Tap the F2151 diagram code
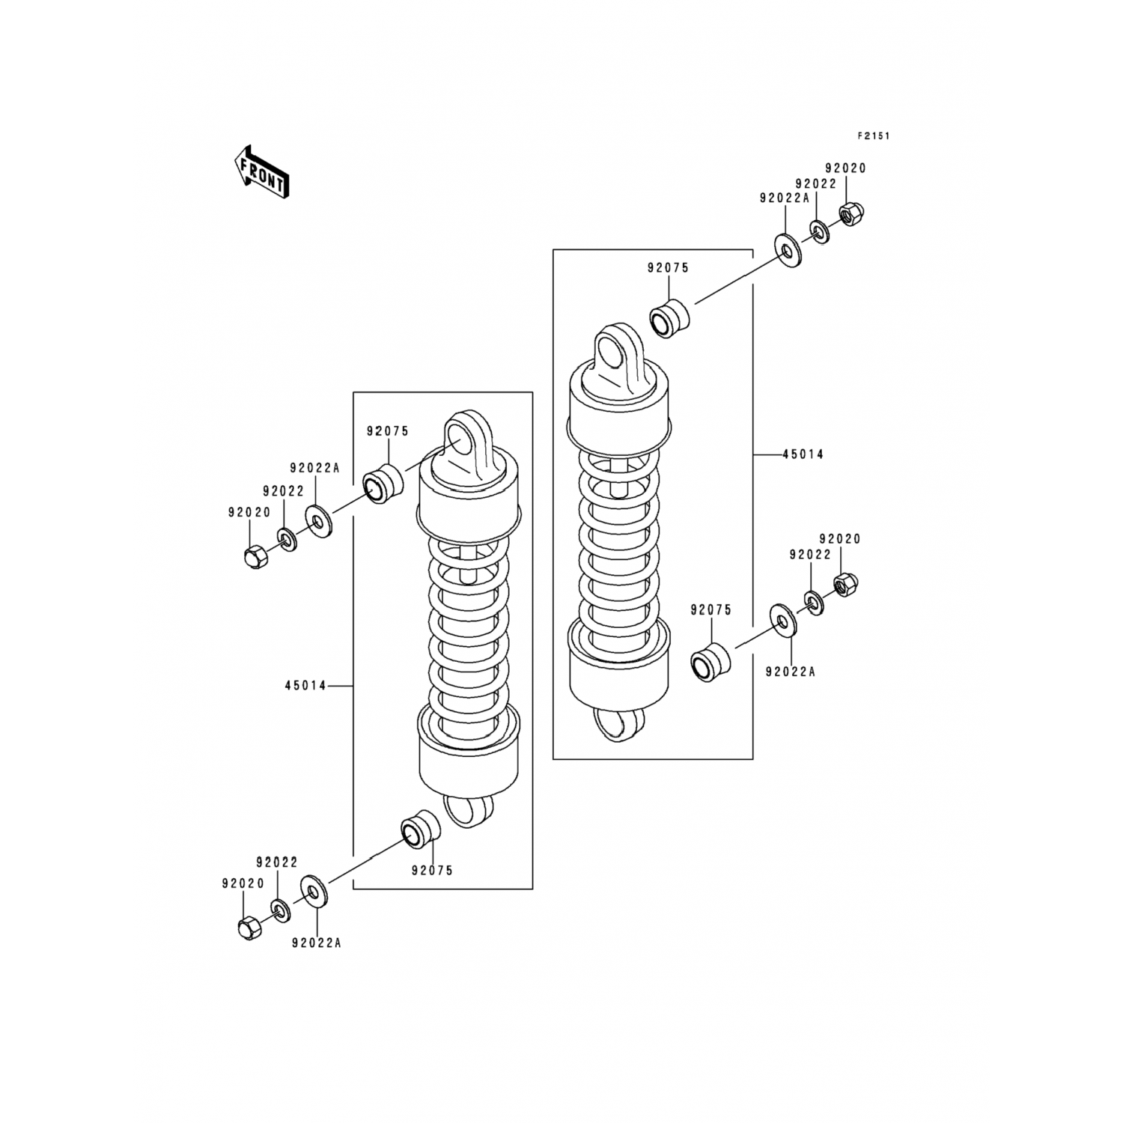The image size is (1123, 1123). pyautogui.click(x=874, y=136)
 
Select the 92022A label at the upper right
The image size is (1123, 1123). pyautogui.click(x=785, y=198)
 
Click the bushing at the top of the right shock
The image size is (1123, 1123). pyautogui.click(x=668, y=318)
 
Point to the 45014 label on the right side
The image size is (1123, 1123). pyautogui.click(x=803, y=454)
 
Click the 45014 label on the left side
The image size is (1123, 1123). pyautogui.click(x=305, y=685)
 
